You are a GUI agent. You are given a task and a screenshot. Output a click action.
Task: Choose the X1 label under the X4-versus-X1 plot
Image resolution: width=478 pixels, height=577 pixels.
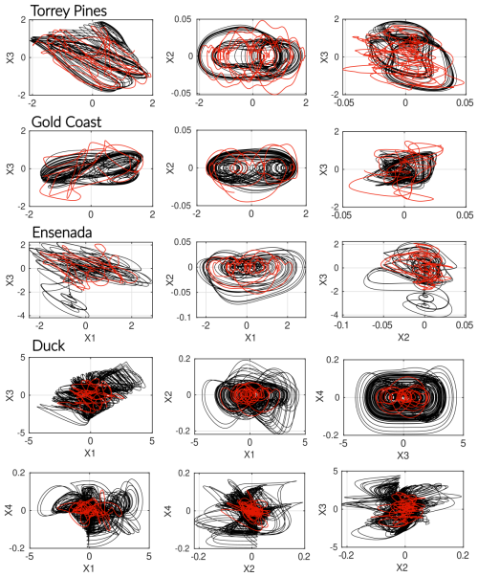click(89, 570)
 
